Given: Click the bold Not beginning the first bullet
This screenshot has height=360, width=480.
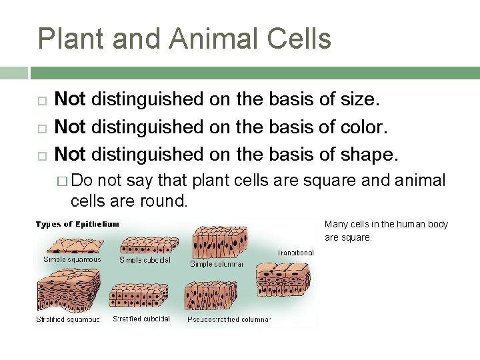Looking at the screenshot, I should (69, 99).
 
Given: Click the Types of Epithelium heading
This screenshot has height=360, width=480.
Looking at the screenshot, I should (77, 224).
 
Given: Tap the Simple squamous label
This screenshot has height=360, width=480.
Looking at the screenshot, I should (72, 259).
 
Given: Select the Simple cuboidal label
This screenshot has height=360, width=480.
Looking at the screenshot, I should (145, 259).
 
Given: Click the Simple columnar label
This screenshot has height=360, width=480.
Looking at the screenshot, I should (216, 264).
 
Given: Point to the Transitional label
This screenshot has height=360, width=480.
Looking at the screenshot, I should (295, 253).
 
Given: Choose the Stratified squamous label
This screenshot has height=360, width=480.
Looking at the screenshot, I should (67, 320).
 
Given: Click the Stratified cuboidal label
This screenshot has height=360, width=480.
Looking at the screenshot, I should (141, 319).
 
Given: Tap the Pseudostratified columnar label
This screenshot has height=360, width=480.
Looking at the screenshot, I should (229, 319).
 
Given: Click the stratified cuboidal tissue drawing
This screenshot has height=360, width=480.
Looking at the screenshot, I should (141, 296).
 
